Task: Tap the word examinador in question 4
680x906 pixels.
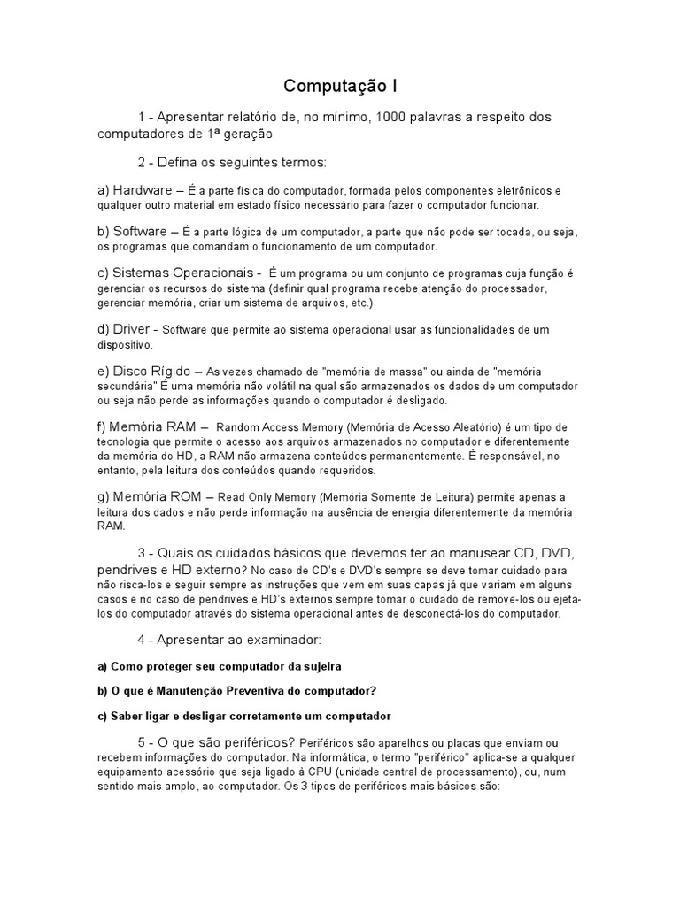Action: (265, 640)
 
